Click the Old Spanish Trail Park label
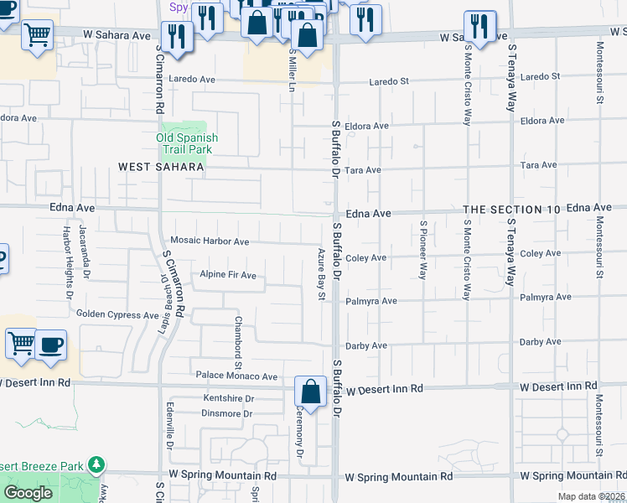pyautogui.click(x=187, y=143)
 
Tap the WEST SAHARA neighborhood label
pyautogui.click(x=161, y=168)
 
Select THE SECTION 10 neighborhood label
pyautogui.click(x=511, y=209)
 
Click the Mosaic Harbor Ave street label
pyautogui.click(x=210, y=241)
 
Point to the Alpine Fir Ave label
pyautogui.click(x=227, y=275)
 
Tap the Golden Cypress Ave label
pyautogui.click(x=117, y=315)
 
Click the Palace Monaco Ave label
pyautogui.click(x=236, y=376)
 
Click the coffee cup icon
pyautogui.click(x=50, y=345)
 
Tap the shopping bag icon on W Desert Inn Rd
pyautogui.click(x=310, y=392)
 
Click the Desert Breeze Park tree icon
pyautogui.click(x=96, y=464)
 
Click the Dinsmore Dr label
pyautogui.click(x=226, y=413)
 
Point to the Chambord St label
pyautogui.click(x=238, y=341)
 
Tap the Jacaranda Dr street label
pyautogui.click(x=84, y=249)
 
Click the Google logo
pyautogui.click(x=28, y=492)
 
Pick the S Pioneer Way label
pyautogui.click(x=424, y=249)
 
